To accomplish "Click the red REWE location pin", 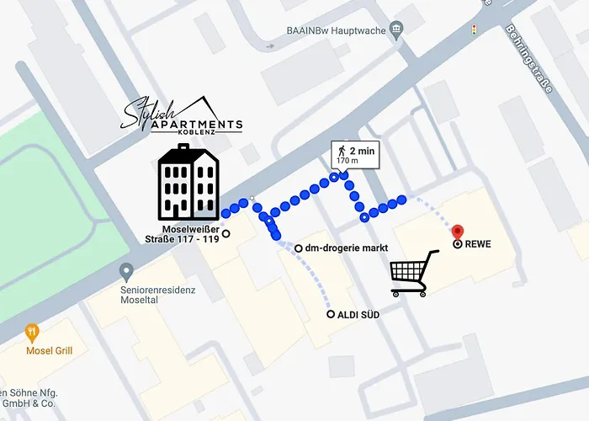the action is coord(458,232).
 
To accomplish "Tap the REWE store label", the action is coord(477,245).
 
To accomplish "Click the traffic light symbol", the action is coord(475,30).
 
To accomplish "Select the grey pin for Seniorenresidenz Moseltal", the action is coord(126,272).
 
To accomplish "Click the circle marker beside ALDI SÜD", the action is coord(331,315).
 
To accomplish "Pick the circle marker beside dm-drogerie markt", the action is coord(299,248).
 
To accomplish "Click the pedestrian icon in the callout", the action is coord(341,152).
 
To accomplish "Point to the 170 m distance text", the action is coord(348,161).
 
